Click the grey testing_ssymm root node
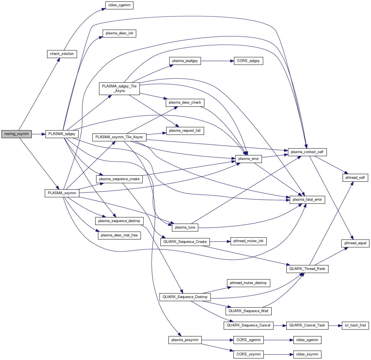pyautogui.click(x=17, y=134)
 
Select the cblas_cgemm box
pyautogui.click(x=119, y=5)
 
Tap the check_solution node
pyautogui.click(x=62, y=54)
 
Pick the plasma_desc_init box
pyautogui.click(x=119, y=33)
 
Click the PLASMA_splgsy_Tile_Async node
pyautogui.click(x=119, y=88)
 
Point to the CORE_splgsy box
pyautogui.click(x=248, y=61)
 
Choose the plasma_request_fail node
pyautogui.click(x=185, y=131)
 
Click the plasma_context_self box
pyautogui.click(x=307, y=152)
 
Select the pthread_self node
pyautogui.click(x=355, y=178)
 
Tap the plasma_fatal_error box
pyautogui.click(x=307, y=200)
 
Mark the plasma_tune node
pyautogui.click(x=185, y=227)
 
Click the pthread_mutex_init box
pyautogui.click(x=248, y=241)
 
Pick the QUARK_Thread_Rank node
pyautogui.click(x=307, y=269)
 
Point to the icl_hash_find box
pyautogui.click(x=355, y=325)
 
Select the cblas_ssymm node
pyautogui.click(x=307, y=354)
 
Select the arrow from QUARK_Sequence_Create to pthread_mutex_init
pyautogui.click(x=220, y=242)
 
